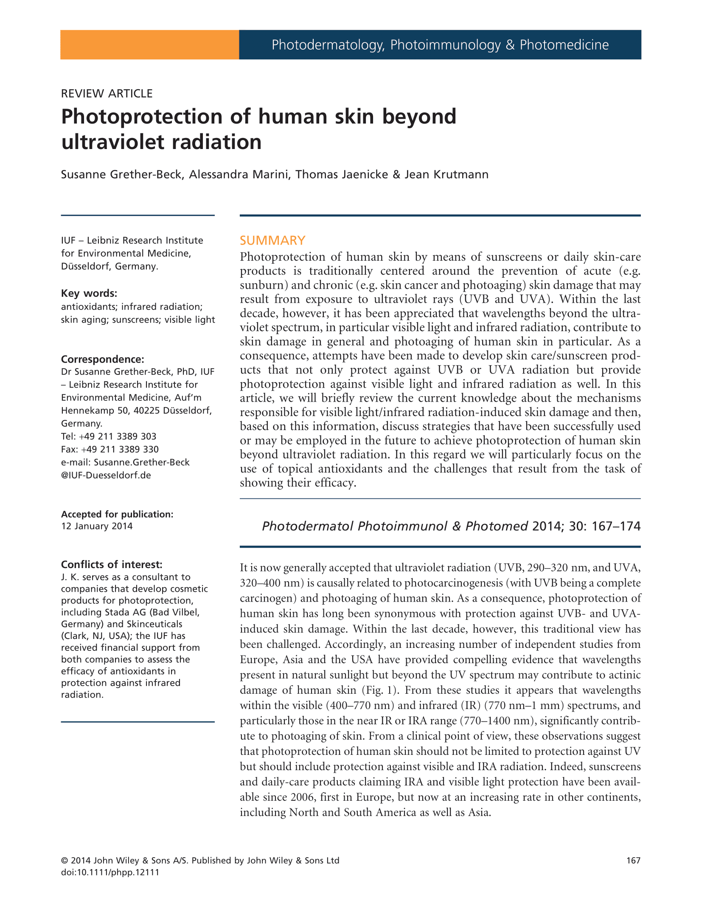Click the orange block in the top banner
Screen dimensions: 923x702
tap(149, 45)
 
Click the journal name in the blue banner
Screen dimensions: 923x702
tap(440, 45)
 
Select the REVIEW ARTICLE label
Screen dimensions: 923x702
tap(107, 93)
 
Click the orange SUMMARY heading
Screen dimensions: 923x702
tap(272, 240)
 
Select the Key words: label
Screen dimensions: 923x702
tap(89, 293)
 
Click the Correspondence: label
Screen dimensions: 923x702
tap(102, 359)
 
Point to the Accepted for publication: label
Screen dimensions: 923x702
tap(117, 514)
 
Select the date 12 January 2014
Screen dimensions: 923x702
tap(97, 526)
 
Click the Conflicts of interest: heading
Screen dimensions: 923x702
tap(112, 564)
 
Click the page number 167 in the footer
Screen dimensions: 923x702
tap(633, 860)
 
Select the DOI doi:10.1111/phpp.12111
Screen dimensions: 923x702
tap(110, 872)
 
